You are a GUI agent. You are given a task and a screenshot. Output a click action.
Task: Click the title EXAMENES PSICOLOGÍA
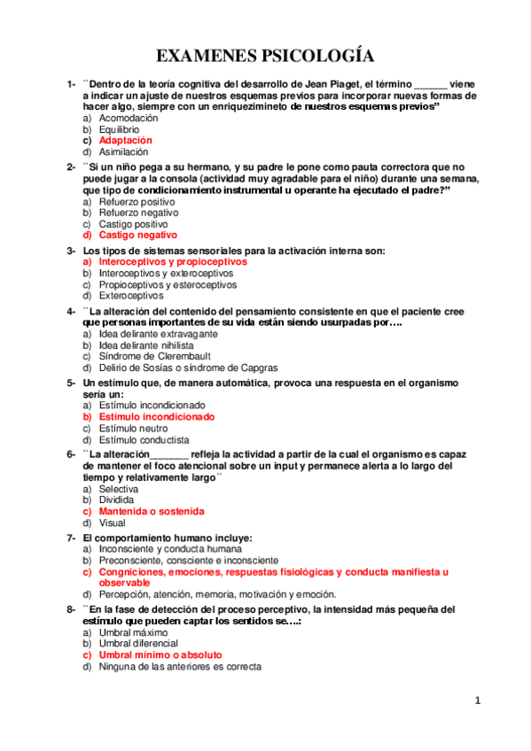pyautogui.click(x=265, y=57)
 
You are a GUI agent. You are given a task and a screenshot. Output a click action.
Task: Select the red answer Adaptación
pyautogui.click(x=126, y=140)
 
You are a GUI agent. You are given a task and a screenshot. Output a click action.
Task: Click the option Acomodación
pyautogui.click(x=129, y=118)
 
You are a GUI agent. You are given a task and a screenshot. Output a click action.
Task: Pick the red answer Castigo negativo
pyautogui.click(x=138, y=236)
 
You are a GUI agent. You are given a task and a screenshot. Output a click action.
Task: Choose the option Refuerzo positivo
pyautogui.click(x=137, y=202)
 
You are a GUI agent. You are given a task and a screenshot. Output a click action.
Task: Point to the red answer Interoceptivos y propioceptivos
pyautogui.click(x=173, y=262)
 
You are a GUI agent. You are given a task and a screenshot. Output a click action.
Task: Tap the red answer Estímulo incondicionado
pyautogui.click(x=157, y=416)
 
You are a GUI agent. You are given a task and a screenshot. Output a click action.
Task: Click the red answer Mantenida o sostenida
pyautogui.click(x=152, y=511)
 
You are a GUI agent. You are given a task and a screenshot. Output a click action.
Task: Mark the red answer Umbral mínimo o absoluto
pyautogui.click(x=160, y=654)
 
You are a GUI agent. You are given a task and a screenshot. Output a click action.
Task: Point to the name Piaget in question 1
pyautogui.click(x=330, y=83)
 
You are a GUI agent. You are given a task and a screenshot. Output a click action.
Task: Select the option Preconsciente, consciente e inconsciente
pyautogui.click(x=189, y=561)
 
